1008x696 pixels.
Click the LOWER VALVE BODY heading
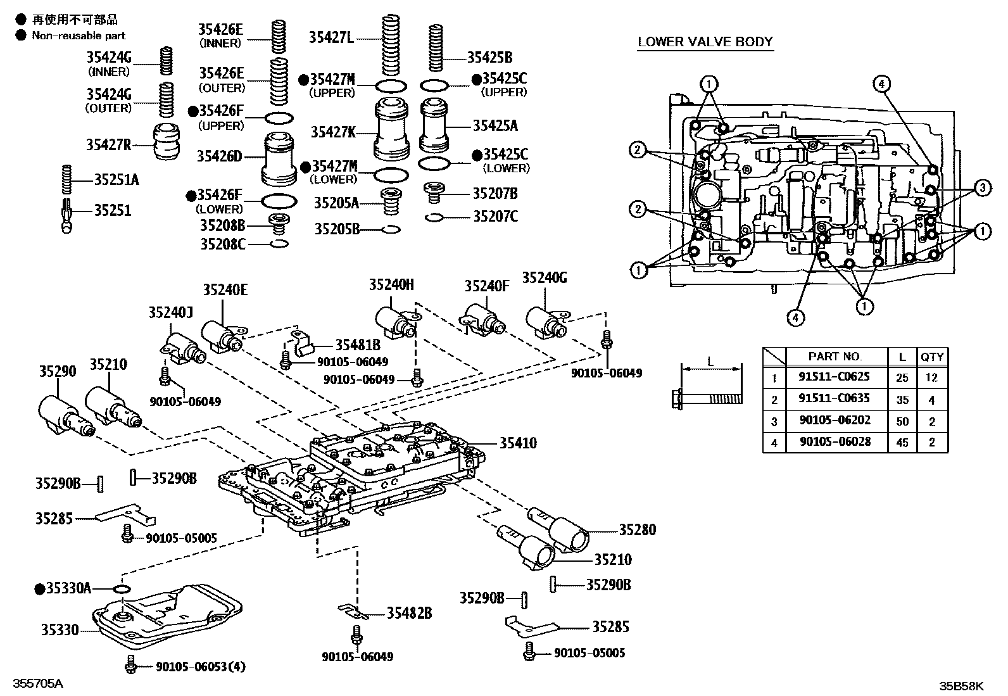click(705, 42)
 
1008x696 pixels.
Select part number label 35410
click(517, 443)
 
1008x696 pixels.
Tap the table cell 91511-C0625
click(834, 377)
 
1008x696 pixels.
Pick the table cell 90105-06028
click(834, 441)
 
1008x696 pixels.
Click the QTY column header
click(932, 357)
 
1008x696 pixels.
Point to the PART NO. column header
click(835, 357)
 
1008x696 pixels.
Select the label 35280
click(637, 529)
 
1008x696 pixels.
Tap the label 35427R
click(108, 144)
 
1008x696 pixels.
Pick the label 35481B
click(358, 345)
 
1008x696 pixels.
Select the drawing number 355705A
click(39, 685)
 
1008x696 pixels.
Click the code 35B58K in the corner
click(961, 685)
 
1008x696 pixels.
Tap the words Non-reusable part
click(79, 36)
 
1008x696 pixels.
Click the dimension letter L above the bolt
click(710, 362)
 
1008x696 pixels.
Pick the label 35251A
click(116, 179)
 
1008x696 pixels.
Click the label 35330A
click(68, 588)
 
